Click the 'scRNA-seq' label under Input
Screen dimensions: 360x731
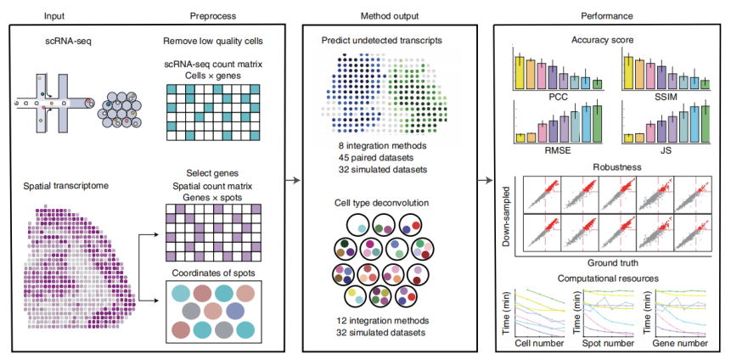click(x=63, y=42)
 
